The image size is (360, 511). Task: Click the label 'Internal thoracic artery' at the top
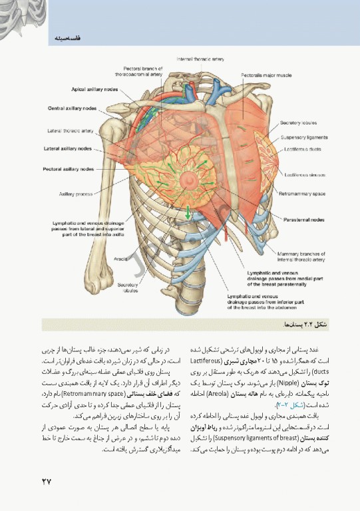(x=200, y=60)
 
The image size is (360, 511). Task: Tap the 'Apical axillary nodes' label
(x=95, y=88)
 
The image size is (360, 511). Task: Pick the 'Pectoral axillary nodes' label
(x=69, y=169)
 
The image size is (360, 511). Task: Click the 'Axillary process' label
(x=75, y=194)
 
